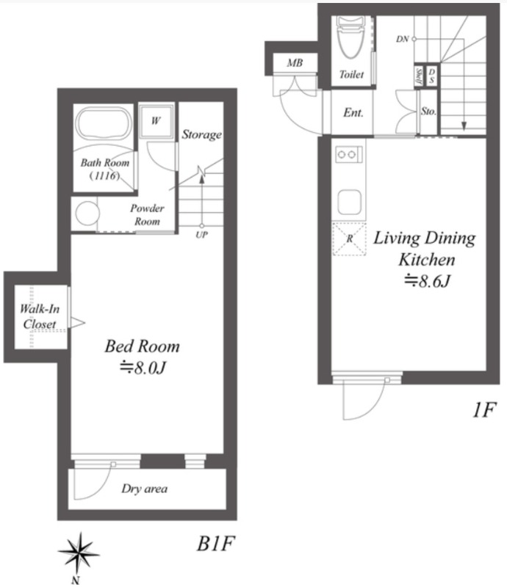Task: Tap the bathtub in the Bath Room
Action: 104,124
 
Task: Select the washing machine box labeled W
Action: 156,121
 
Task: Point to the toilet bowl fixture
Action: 351,37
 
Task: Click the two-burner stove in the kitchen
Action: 349,154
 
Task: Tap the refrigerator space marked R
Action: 349,239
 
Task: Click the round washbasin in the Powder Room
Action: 87,213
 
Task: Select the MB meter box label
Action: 295,63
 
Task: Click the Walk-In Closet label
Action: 40,316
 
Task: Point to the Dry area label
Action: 144,489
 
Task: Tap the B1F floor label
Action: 215,543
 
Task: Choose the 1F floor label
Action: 484,409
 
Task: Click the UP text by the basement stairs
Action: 202,235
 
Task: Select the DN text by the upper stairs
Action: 403,39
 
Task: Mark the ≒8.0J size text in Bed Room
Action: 143,368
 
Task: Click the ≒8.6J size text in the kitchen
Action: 427,281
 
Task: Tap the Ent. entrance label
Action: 353,112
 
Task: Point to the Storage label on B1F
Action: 202,134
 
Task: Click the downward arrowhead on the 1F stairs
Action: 464,126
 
